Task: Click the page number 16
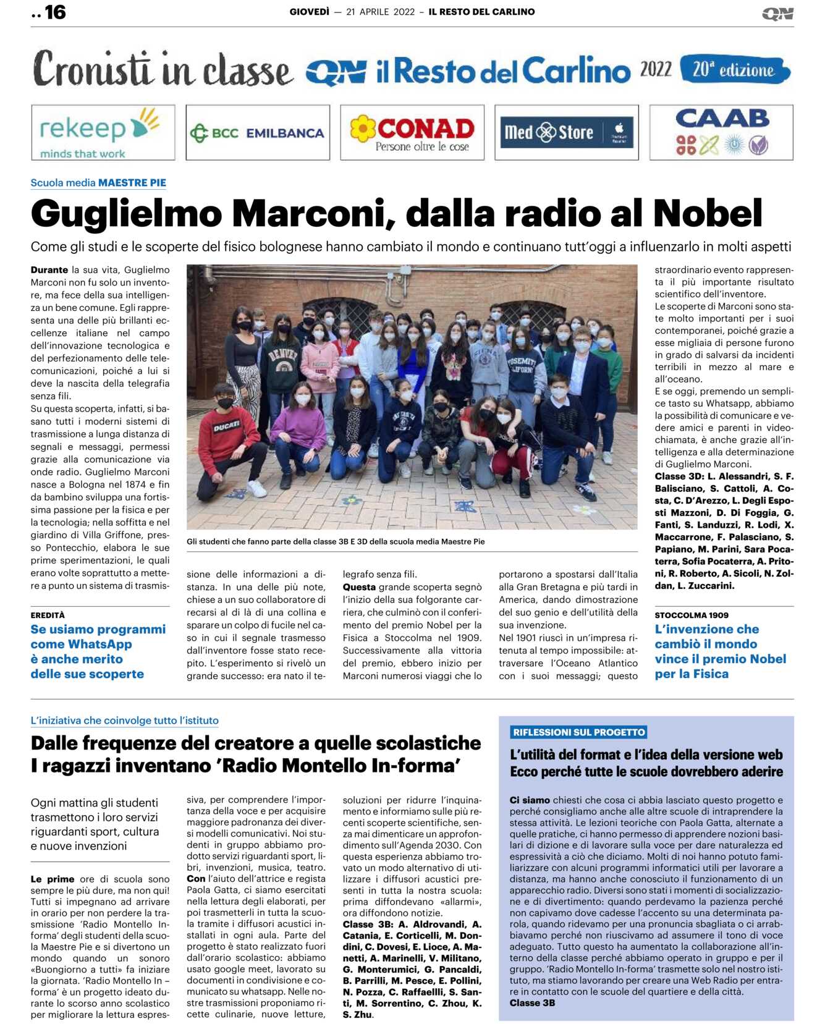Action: point(54,12)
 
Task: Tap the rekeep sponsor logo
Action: point(103,132)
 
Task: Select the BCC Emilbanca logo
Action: point(257,132)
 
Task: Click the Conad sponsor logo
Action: point(412,132)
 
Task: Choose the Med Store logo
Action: point(566,132)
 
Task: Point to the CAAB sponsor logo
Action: point(721,132)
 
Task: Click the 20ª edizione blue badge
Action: point(734,69)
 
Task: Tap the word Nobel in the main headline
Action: point(708,214)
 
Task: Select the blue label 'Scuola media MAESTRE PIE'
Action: point(98,183)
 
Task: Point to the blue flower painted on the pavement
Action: point(351,499)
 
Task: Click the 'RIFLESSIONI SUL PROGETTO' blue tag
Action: point(578,732)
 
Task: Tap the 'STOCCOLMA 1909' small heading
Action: point(692,615)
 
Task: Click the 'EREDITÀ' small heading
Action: point(48,615)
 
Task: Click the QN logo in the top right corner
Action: point(777,13)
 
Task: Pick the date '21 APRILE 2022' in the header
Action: point(380,12)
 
